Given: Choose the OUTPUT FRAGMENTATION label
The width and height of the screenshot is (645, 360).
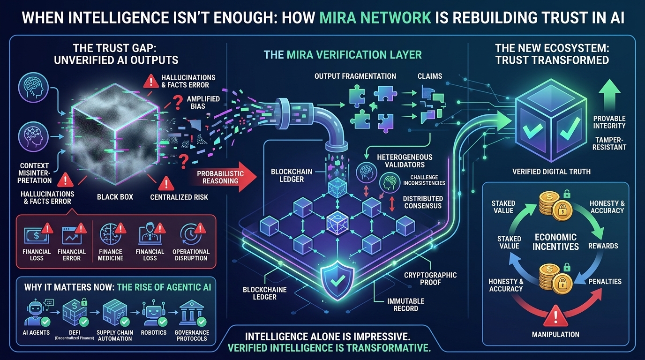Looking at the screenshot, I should [x=355, y=76].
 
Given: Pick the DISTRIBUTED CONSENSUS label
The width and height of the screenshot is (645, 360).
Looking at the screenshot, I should [x=422, y=202].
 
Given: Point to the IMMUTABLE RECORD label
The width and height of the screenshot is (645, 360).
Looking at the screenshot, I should [x=406, y=305].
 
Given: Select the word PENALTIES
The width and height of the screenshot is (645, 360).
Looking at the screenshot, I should [x=605, y=281].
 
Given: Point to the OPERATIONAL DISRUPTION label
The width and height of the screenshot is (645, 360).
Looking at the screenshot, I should [x=191, y=255].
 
